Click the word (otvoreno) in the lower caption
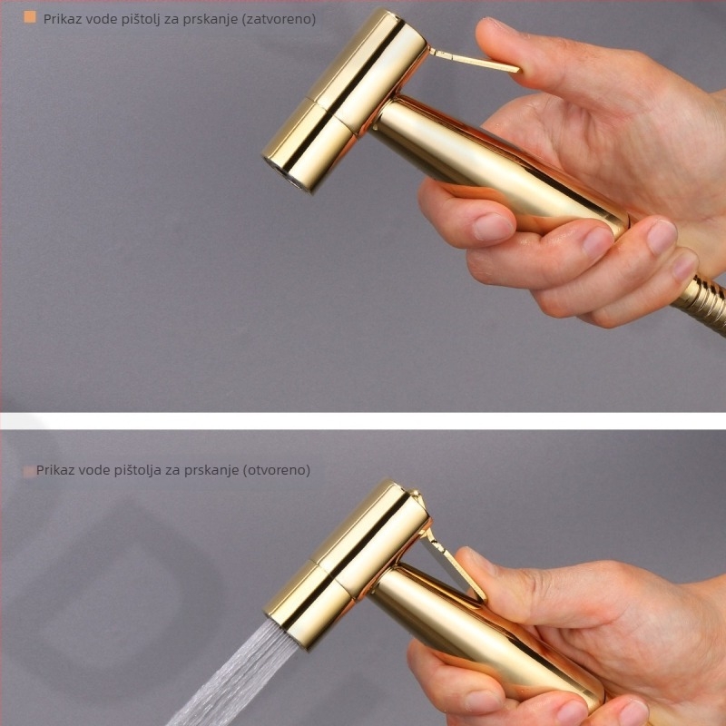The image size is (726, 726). coord(277,470)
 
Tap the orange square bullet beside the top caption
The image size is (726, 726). coord(30,17)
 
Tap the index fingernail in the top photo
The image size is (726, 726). coord(492,228)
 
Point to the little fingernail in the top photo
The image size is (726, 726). coord(685,265)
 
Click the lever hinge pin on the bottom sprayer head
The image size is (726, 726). coord(415,495)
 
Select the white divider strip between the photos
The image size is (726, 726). coord(363,421)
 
